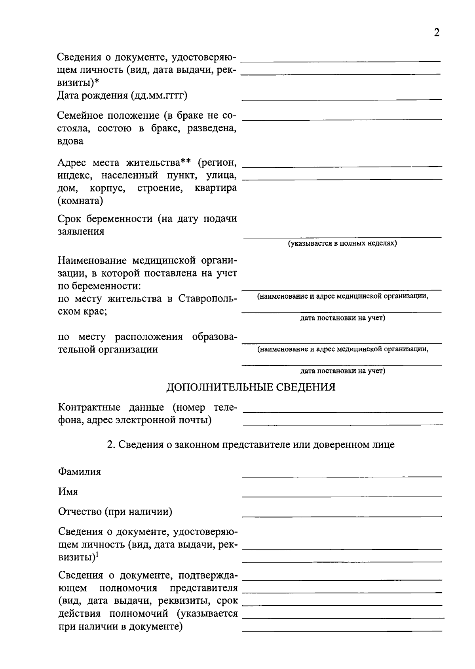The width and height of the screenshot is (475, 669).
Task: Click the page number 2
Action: tap(437, 32)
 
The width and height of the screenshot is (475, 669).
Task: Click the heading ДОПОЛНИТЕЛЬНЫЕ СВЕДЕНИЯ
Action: tap(251, 387)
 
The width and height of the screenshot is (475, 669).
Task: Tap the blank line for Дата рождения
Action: tap(342, 99)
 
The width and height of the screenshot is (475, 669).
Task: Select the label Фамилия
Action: tap(80, 472)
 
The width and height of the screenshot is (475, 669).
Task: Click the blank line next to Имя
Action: tap(342, 496)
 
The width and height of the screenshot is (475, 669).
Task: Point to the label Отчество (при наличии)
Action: tap(115, 512)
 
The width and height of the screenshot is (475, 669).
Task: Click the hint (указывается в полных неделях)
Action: tap(342, 243)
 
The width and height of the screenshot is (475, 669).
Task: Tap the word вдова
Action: tap(70, 141)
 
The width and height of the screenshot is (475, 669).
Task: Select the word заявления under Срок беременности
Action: tap(81, 231)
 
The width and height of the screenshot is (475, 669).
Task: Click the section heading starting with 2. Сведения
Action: tap(251, 444)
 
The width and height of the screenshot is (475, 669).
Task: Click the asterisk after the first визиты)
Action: tap(97, 81)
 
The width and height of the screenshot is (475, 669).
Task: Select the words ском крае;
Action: tap(82, 311)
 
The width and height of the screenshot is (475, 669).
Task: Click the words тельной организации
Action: tap(108, 349)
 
